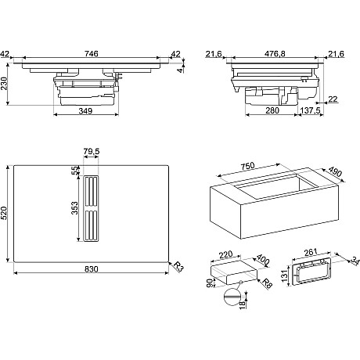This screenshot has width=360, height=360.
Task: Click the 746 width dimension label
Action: pyautogui.click(x=92, y=53)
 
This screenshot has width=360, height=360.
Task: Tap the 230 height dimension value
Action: pyautogui.click(x=5, y=84)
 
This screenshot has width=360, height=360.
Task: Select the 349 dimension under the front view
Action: pyautogui.click(x=85, y=111)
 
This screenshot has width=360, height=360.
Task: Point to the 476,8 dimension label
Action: pyautogui.click(x=275, y=53)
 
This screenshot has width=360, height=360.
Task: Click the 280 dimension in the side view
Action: pyautogui.click(x=272, y=110)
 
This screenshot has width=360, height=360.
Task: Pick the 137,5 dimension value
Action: pyautogui.click(x=310, y=110)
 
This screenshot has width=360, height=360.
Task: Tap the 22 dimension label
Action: pyautogui.click(x=333, y=99)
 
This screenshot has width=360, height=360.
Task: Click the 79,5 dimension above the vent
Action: pyautogui.click(x=92, y=151)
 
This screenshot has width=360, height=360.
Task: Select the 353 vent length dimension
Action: pyautogui.click(x=74, y=208)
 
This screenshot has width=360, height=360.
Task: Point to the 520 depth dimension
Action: pyautogui.click(x=5, y=213)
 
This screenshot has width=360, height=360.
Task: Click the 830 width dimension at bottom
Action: pyautogui.click(x=92, y=268)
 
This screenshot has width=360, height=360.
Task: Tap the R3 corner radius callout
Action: pyautogui.click(x=178, y=267)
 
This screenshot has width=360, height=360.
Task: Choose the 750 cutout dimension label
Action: pyautogui.click(x=247, y=166)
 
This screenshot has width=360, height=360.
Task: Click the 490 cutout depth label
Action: pyautogui.click(x=335, y=171)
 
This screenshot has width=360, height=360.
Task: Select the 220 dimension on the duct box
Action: pyautogui.click(x=225, y=254)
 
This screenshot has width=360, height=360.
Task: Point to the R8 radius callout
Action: pyautogui.click(x=267, y=283)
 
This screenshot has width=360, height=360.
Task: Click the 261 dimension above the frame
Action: pyautogui.click(x=311, y=252)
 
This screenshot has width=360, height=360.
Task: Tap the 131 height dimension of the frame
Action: pyautogui.click(x=284, y=275)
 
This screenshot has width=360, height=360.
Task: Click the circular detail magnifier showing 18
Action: pyautogui.click(x=232, y=297)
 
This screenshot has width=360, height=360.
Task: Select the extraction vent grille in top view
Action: pyautogui.click(x=91, y=208)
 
